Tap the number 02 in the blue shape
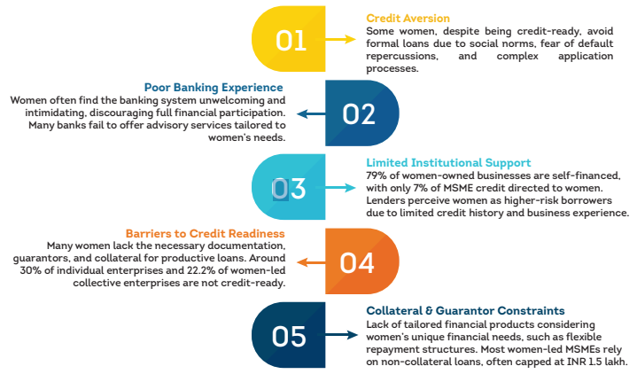click(x=360, y=113)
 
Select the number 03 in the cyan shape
click(x=288, y=188)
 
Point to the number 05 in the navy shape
click(x=290, y=337)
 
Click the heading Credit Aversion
click(x=408, y=18)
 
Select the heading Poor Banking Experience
click(x=214, y=88)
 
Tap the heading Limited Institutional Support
click(x=448, y=163)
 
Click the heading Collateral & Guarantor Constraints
click(x=465, y=311)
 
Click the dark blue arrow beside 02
click(x=308, y=113)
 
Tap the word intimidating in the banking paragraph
click(x=46, y=113)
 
